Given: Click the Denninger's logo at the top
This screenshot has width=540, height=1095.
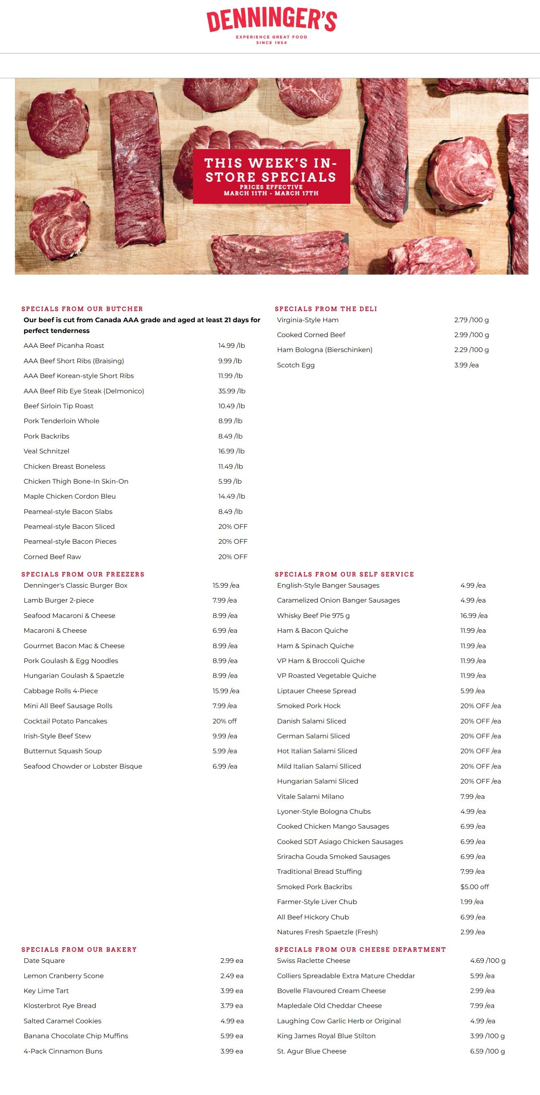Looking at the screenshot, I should pos(271,26).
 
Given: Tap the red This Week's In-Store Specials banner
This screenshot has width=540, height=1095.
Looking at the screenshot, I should pos(271,176).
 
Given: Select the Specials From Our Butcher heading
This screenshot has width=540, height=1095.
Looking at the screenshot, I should pos(82,309).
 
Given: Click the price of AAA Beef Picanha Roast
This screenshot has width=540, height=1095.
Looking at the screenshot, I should pos(231,345).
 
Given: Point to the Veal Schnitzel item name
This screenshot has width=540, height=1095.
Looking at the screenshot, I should pos(46,451).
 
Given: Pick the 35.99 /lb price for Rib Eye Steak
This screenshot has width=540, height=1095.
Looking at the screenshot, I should pos(232,391).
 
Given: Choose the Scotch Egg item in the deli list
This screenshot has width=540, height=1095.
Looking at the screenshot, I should pos(296,365).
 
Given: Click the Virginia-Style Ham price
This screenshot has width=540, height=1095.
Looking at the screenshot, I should pos(471,320).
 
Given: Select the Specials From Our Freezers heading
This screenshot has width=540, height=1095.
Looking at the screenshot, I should pos(83,574).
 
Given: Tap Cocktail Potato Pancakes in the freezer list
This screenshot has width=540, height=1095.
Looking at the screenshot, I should pos(65,721).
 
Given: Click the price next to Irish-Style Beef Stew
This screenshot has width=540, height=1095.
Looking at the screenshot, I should pos(224,736).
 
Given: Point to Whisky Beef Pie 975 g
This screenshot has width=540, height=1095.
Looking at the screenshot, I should pos(313,615).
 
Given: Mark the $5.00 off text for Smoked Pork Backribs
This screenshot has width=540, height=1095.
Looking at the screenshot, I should pos(474,887).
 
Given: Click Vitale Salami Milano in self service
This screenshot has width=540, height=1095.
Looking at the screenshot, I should pos(311,796).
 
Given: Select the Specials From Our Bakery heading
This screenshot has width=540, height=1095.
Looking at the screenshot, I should pos(79,950).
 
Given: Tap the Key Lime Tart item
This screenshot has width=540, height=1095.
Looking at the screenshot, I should pos(46,991).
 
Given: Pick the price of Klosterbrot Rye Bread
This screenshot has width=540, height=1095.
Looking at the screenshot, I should pos(231,1006).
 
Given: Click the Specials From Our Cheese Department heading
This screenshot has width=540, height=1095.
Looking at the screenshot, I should pos(360,950).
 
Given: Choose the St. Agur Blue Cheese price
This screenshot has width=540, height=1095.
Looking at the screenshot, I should pos(487,1051).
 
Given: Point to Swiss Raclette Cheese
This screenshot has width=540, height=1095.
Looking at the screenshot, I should pos(313,961).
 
